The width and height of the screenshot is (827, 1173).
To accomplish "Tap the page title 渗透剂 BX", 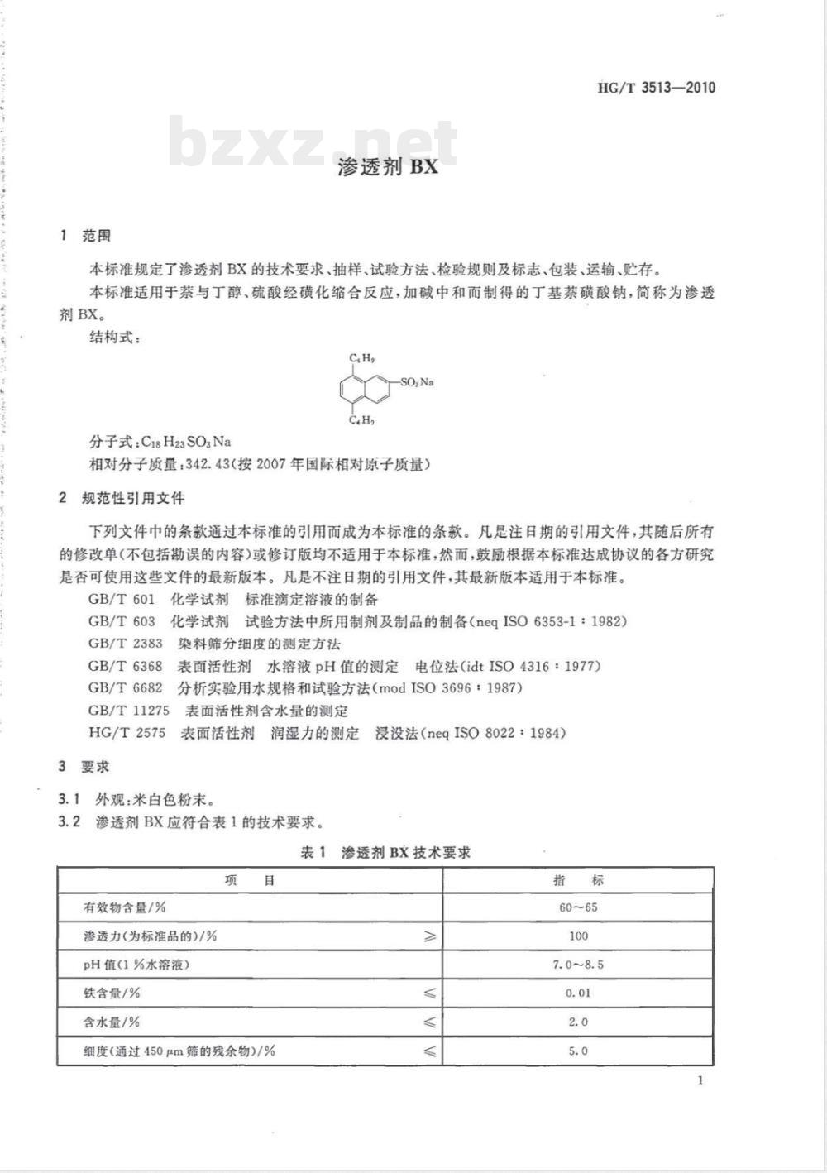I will pyautogui.click(x=387, y=167).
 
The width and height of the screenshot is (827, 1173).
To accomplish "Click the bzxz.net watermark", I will pyautogui.click(x=313, y=141).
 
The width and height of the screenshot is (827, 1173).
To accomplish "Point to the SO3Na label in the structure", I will pyautogui.click(x=417, y=382).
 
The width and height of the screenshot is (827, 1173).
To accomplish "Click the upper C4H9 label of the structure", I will pyautogui.click(x=362, y=358).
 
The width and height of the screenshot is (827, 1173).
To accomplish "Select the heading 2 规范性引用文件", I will pyautogui.click(x=122, y=498).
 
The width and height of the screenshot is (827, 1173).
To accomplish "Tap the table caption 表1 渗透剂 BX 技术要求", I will pyautogui.click(x=385, y=852).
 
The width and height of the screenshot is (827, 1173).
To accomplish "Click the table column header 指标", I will pyautogui.click(x=578, y=880).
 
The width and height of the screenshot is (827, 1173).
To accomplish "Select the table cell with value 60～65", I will pyautogui.click(x=578, y=907).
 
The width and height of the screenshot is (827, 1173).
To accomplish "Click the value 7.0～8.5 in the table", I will pyautogui.click(x=578, y=965).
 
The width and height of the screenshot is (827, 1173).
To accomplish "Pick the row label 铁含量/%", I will pyautogui.click(x=112, y=993).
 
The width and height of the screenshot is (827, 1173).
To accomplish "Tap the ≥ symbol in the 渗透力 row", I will pyautogui.click(x=429, y=936).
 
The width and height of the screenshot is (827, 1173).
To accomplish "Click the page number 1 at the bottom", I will pyautogui.click(x=700, y=1080).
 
